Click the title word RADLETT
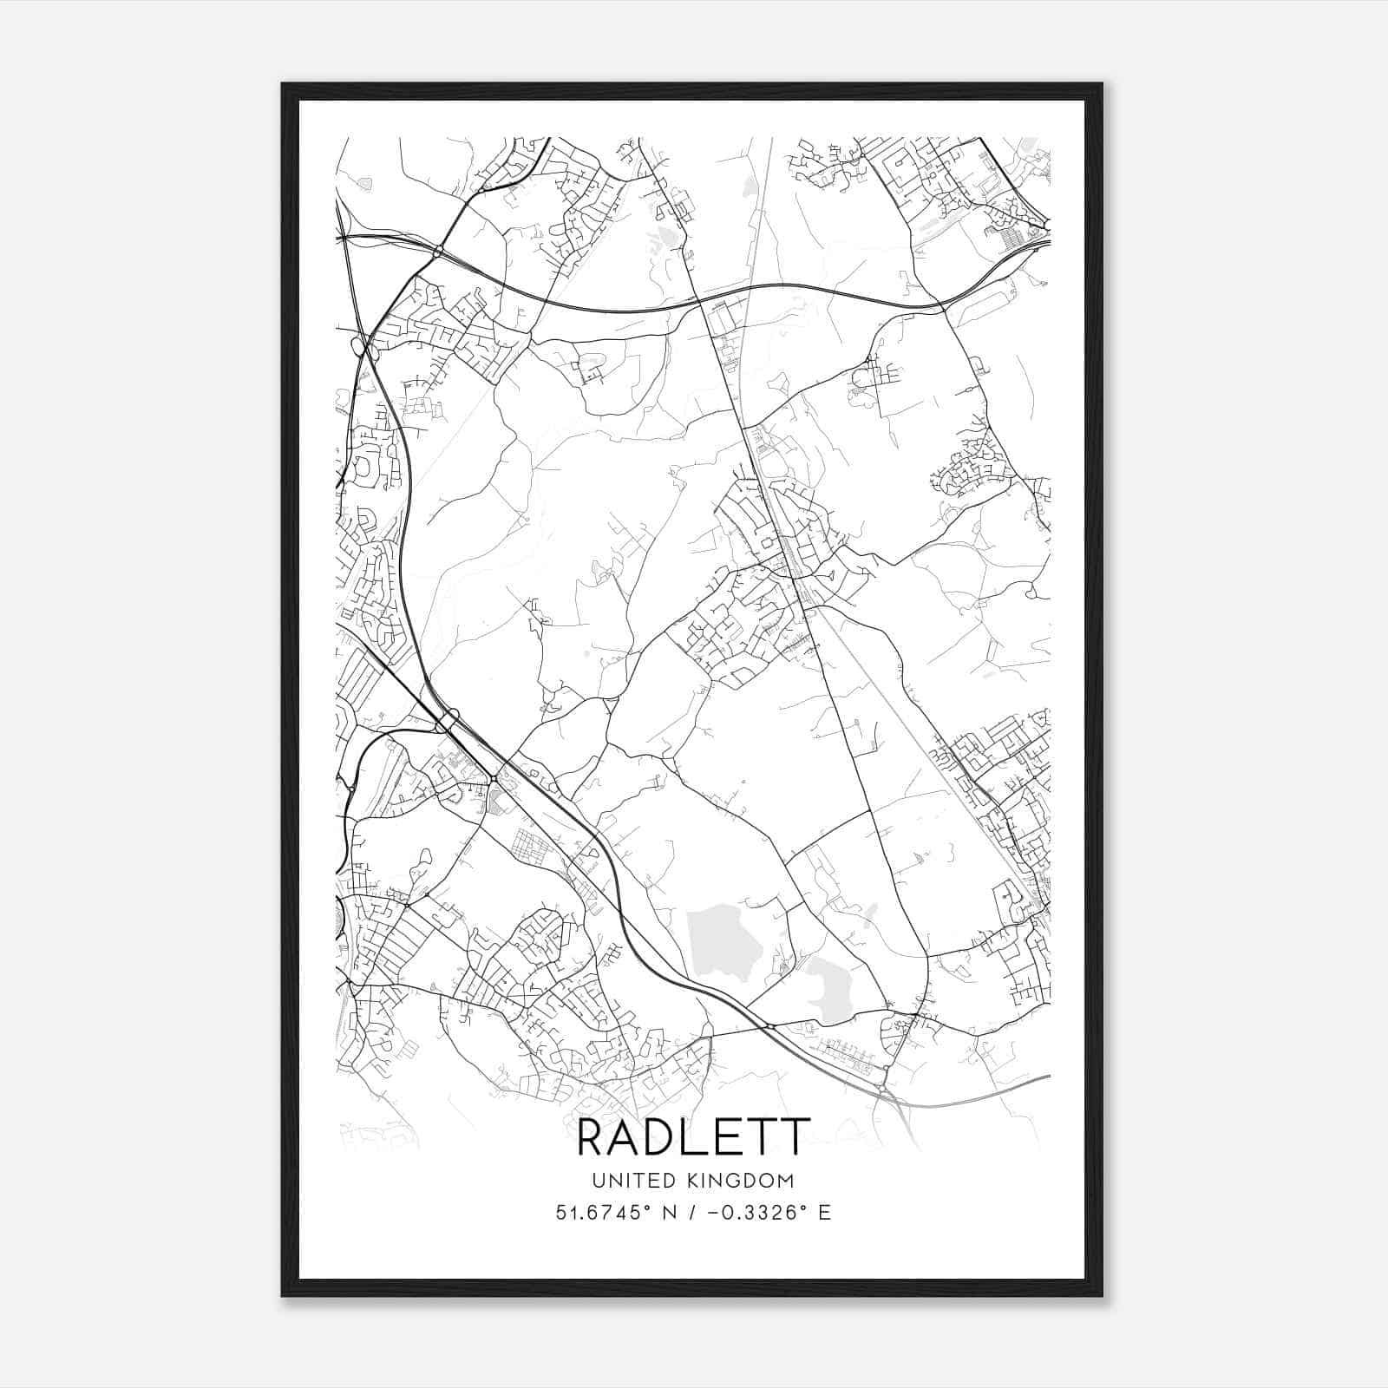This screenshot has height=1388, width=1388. pos(693,1138)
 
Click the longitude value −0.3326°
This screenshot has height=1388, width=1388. pos(751,1212)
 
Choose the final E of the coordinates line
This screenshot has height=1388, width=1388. pos(824,1212)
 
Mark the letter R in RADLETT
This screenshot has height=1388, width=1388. pos(593,1138)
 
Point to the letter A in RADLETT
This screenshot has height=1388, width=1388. pos(629,1138)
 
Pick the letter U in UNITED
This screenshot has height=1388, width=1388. pos(598,1181)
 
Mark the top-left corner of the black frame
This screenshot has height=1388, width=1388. pos(283,84)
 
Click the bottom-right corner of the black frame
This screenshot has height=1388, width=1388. pos(1102,1295)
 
